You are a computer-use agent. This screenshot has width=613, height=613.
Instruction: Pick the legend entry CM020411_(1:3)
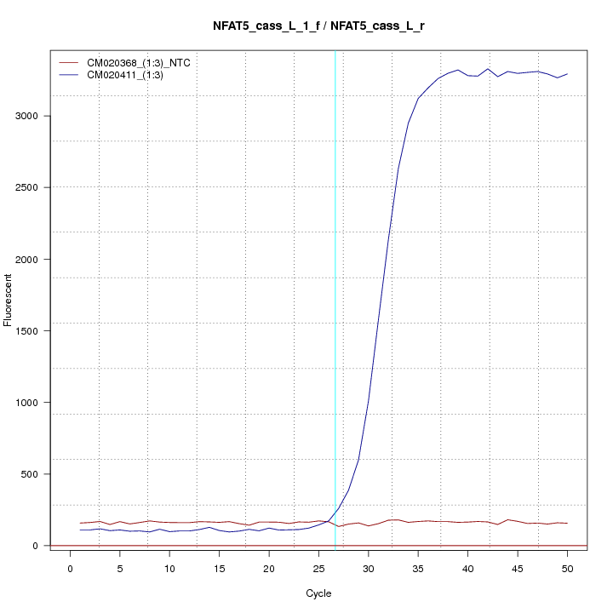point(131,75)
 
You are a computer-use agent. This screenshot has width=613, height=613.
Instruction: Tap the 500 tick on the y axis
point(32,474)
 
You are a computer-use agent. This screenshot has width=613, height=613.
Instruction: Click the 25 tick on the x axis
point(318,569)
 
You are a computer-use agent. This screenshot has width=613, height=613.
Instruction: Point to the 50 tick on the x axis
point(567,569)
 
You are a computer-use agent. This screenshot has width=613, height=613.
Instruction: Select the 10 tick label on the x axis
point(169,569)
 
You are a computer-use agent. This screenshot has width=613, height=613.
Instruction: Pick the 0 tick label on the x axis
point(70,569)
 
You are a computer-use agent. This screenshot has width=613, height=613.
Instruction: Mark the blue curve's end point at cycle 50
point(567,74)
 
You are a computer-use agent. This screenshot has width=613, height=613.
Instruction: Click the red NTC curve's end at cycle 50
point(567,524)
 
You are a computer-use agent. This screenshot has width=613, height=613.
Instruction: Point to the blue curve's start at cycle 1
point(80,530)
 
